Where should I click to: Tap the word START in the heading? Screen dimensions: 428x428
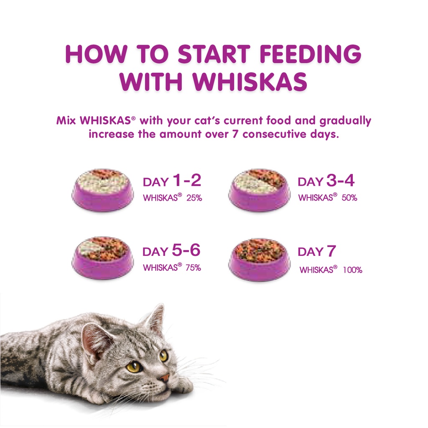212,54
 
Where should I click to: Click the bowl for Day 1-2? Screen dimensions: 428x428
103,190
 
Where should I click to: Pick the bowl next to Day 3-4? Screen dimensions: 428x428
259,190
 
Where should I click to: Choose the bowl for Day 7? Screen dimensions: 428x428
259,259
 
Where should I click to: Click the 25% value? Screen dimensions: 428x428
194,198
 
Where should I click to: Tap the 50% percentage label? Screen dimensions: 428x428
349,198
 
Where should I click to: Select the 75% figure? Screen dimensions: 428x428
194,267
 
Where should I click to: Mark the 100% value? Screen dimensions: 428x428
352,270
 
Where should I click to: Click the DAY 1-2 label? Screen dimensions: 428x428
172,181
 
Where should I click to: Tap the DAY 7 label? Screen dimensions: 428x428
317,252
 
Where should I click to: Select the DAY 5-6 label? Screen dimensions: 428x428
171,251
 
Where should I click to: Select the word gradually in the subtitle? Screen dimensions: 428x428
345,121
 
